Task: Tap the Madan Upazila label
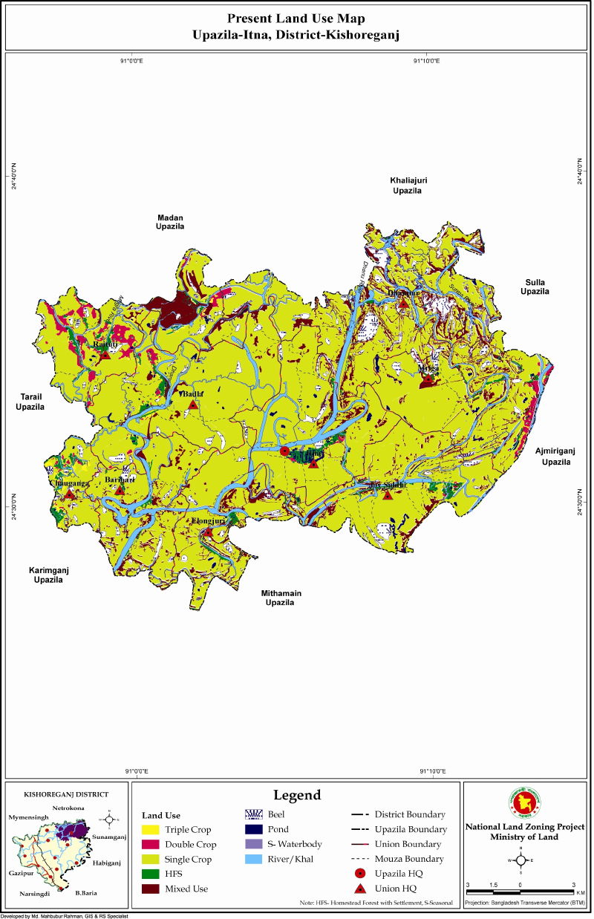[170, 221]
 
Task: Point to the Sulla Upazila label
[535, 287]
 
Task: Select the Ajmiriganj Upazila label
[557, 456]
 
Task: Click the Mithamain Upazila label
[281, 598]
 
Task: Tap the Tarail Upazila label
[30, 403]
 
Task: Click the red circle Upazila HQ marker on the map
[284, 451]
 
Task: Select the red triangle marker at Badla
[193, 405]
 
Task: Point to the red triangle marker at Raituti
[105, 355]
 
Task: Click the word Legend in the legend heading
[297, 795]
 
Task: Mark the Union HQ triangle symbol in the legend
[359, 889]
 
